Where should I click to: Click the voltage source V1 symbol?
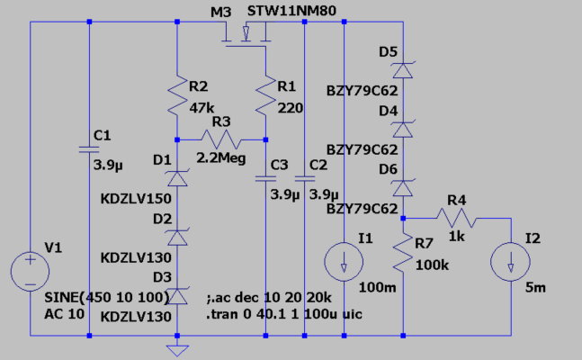[31, 270]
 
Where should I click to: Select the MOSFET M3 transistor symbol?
[245, 37]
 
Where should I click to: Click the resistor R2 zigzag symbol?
[177, 100]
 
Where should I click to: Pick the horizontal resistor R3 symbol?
[222, 139]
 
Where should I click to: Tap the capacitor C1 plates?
[89, 148]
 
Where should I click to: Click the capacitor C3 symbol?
[266, 178]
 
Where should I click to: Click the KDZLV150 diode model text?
[132, 198]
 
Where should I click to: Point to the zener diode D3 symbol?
[177, 294]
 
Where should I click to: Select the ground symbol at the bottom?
[177, 346]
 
